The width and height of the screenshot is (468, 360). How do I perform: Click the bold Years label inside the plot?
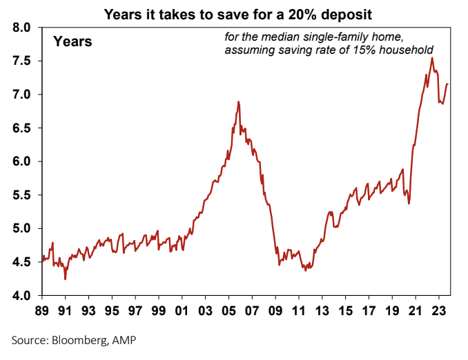(72, 42)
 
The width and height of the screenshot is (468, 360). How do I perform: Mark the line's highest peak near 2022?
(432, 58)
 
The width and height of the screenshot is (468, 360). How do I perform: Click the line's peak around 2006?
(238, 102)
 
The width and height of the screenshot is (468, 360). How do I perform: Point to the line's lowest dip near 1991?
(66, 279)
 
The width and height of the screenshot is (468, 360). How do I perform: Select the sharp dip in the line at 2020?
(409, 203)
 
